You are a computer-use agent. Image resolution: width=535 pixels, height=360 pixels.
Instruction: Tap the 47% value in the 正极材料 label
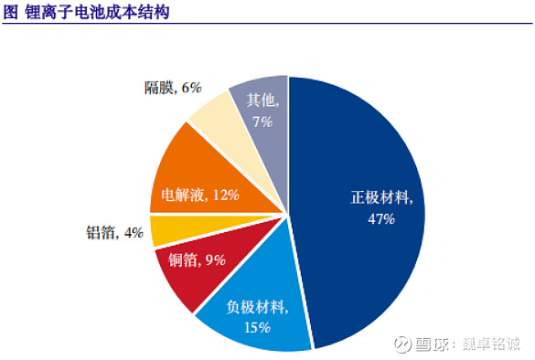(381, 219)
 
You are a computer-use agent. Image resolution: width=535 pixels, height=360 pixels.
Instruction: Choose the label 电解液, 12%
(199, 194)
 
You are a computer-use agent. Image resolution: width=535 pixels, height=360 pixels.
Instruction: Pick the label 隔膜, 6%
(173, 88)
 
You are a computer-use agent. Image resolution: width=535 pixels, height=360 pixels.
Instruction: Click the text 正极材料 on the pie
(383, 198)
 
